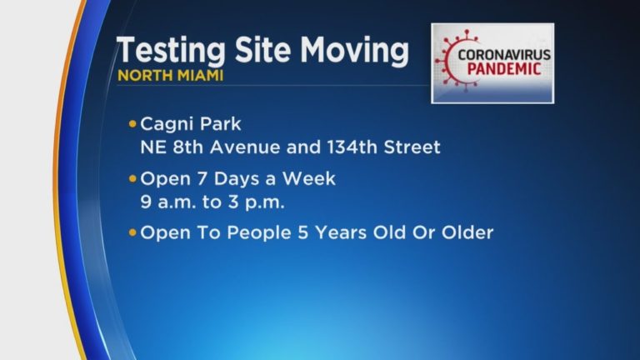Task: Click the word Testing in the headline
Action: point(171,50)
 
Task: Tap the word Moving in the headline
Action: point(354,50)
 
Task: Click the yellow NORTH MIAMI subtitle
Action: point(170,76)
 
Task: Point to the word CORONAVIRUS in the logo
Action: point(504,55)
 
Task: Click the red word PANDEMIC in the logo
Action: point(504,68)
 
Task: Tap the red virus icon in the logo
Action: point(451,60)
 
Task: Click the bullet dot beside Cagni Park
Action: point(132,123)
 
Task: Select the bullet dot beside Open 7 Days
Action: point(132,178)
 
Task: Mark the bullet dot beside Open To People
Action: point(132,232)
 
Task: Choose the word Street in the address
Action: point(412,147)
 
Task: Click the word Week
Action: point(309,178)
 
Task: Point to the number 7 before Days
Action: point(202,179)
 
